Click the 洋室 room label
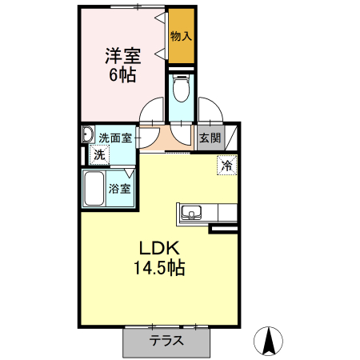coord(123,57)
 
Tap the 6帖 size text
coord(123,75)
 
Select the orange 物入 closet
coord(181,36)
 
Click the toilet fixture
coord(181,87)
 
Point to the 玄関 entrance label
coord(210,137)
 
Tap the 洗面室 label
coord(115,137)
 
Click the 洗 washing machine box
coord(100,154)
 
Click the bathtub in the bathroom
coord(96,190)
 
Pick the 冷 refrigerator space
coord(227,166)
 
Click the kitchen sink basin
coord(191,212)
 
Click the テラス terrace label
coord(166,340)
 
